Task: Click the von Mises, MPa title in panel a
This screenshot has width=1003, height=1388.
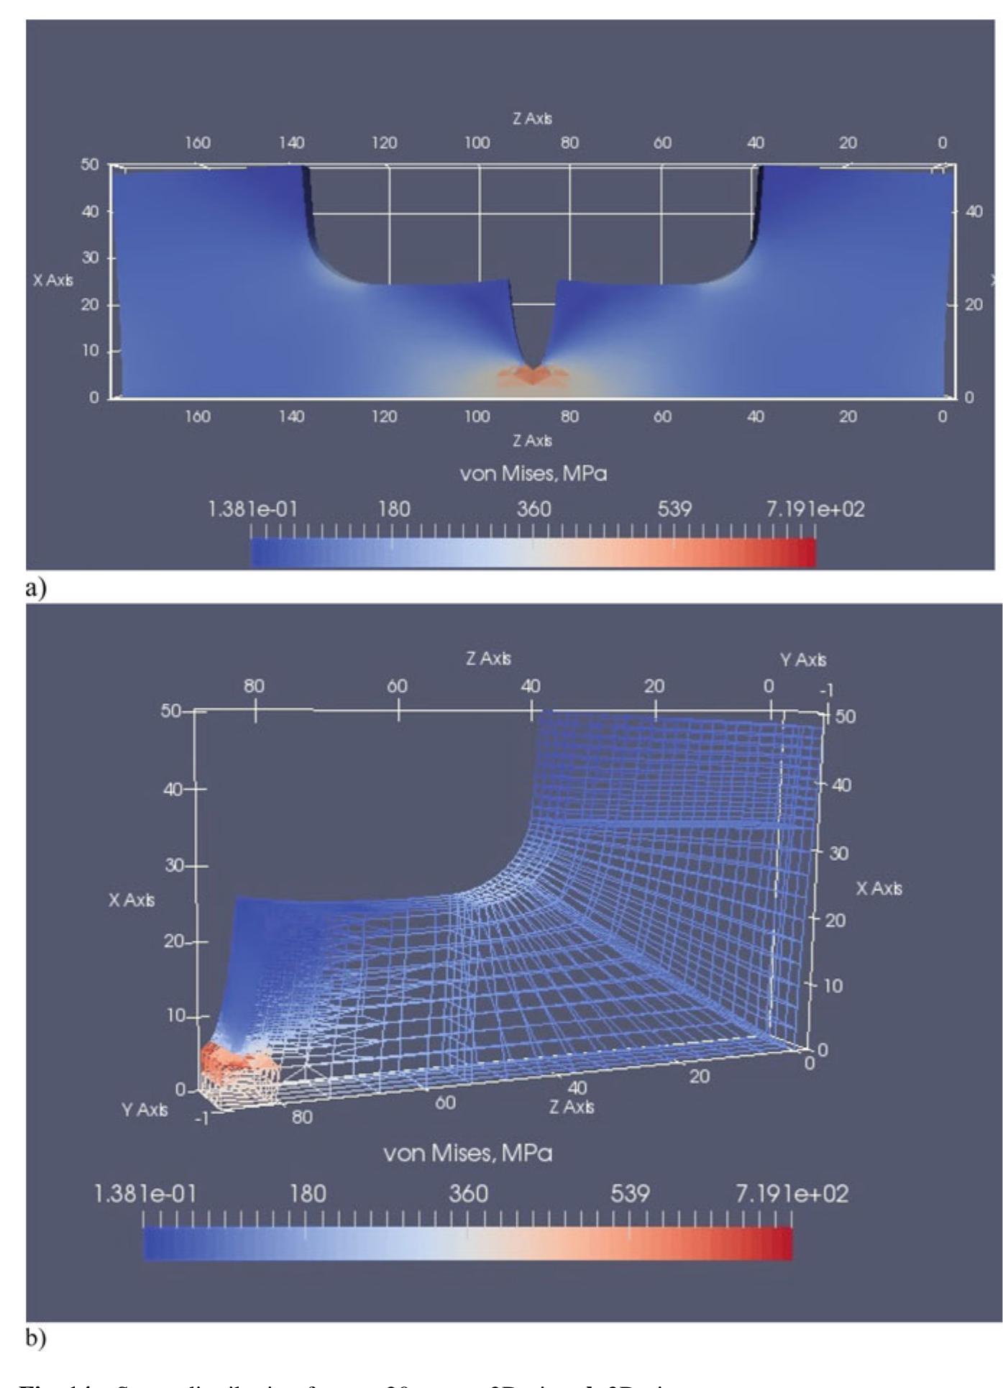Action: coord(533,473)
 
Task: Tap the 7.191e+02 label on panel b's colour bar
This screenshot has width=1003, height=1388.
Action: coord(792,1194)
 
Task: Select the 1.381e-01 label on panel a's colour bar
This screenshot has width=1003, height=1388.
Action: coord(252,509)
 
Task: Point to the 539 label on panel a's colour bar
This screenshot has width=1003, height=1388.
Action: coord(674,509)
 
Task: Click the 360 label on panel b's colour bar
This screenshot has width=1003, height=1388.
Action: coord(468,1194)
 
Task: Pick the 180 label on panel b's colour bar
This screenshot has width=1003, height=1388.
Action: coord(307,1194)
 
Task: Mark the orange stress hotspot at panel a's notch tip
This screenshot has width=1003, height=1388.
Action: coord(532,376)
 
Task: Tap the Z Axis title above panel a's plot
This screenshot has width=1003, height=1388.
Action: coord(532,119)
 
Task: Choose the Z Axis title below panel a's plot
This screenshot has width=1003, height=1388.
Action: coord(532,440)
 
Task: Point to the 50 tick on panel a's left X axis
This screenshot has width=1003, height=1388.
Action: coord(89,164)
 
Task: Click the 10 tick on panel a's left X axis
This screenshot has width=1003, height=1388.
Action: coord(89,351)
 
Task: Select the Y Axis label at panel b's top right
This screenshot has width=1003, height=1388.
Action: coord(803,659)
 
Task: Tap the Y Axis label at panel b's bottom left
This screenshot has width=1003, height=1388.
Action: coord(145,1110)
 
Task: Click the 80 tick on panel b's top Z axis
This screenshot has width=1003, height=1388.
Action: coord(254,686)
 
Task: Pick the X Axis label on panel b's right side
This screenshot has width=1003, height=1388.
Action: coord(879,889)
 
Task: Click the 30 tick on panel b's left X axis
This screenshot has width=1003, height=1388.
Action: coord(175,865)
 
